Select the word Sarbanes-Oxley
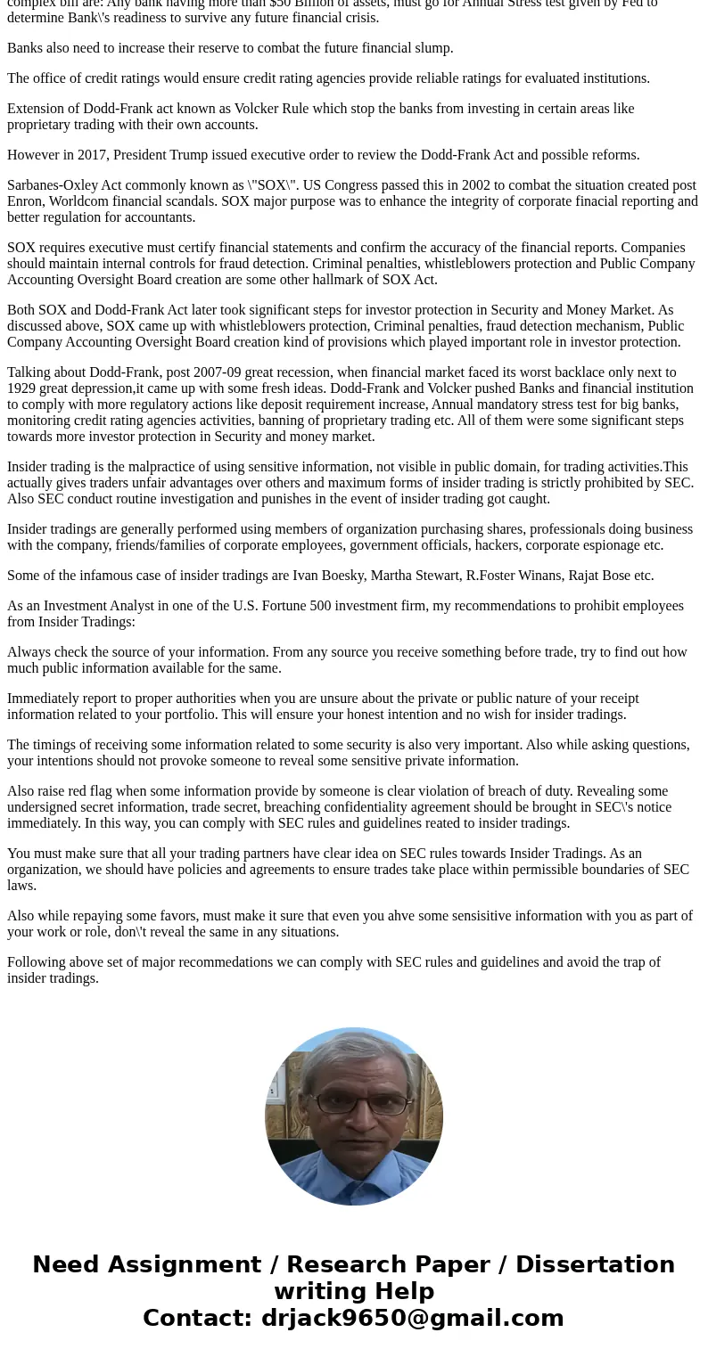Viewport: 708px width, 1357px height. (x=53, y=185)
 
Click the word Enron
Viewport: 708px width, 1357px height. (x=26, y=201)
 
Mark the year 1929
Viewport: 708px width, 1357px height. (x=22, y=388)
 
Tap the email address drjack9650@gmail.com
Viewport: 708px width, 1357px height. (x=412, y=1319)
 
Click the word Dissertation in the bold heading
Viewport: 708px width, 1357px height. (x=595, y=1265)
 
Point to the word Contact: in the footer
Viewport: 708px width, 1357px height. (x=197, y=1319)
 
